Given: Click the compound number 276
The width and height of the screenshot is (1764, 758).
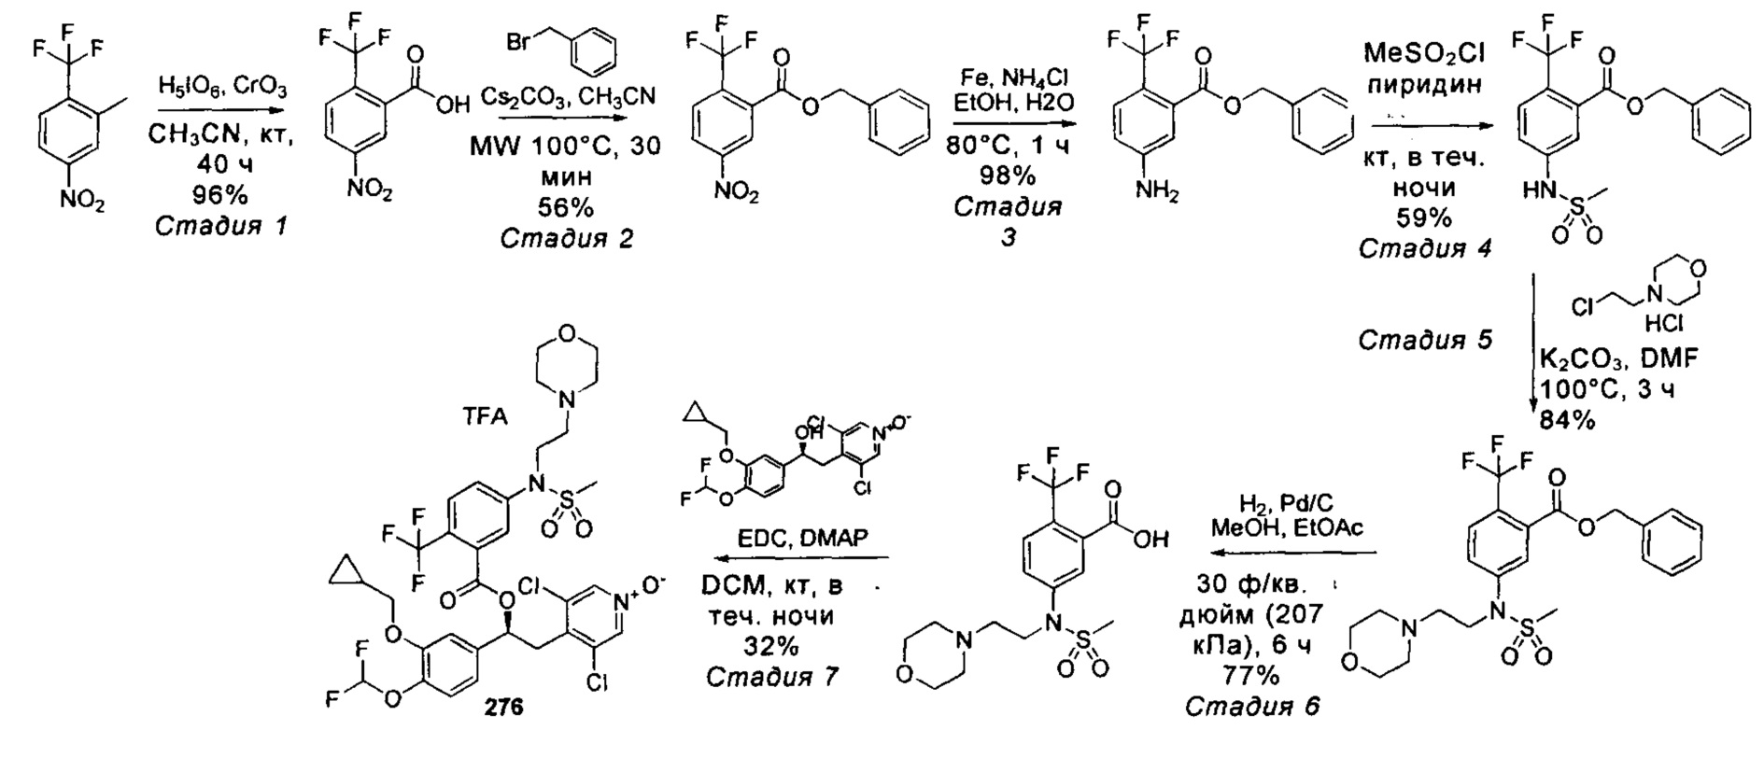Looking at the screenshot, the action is tap(504, 708).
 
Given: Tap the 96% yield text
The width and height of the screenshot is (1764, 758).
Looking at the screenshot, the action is tap(221, 195).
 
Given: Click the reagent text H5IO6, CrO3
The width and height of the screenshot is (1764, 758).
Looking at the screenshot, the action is tap(221, 89).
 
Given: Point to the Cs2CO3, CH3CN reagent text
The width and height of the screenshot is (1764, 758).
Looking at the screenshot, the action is tap(568, 96).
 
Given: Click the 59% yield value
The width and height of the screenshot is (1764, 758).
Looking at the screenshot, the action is tap(1424, 218).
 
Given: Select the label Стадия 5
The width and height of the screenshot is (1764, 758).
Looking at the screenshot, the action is tap(1425, 340).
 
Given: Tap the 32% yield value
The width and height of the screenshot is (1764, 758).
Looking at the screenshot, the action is tap(771, 646).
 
